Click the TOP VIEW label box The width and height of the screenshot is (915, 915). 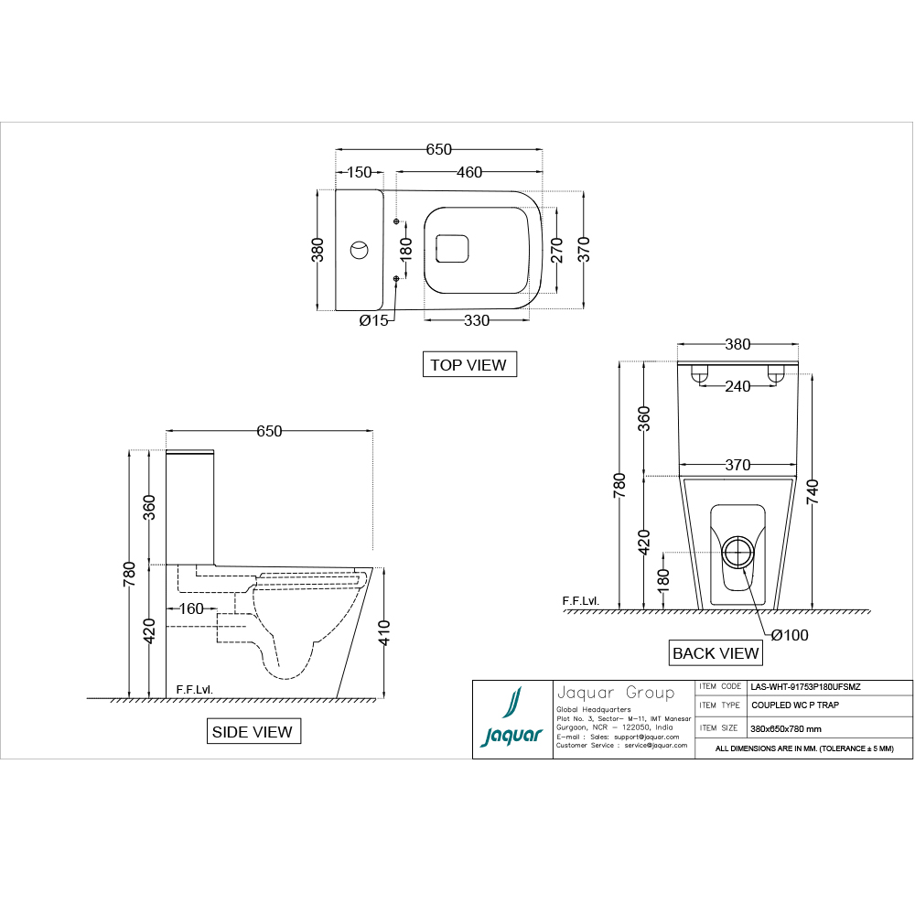coord(468,364)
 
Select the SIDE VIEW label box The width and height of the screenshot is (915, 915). coord(252,731)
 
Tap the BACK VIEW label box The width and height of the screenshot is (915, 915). coord(716,652)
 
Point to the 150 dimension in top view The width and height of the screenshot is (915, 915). coord(359,173)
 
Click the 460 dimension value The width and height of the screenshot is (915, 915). coord(468,173)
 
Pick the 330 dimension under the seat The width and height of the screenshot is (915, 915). coord(477,320)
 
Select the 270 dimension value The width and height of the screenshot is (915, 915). coord(555,249)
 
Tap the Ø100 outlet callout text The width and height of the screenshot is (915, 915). coord(789,635)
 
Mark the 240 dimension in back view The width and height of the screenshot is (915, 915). coord(737,386)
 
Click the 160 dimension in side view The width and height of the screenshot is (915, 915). coord(191,608)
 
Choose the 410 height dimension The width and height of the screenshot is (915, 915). coord(385,632)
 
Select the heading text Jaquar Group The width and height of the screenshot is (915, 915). coord(615,693)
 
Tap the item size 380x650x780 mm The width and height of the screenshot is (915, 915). coord(785,728)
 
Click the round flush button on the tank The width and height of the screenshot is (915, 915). coord(360,248)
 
